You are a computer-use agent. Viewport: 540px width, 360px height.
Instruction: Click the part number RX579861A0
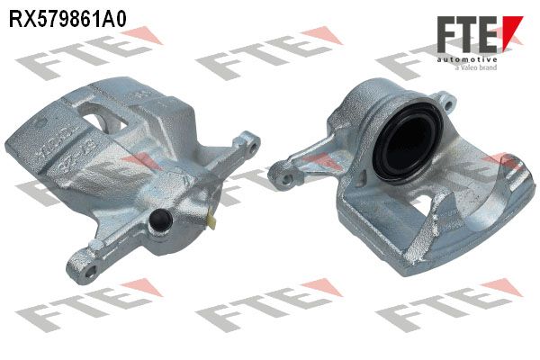[x=67, y=18]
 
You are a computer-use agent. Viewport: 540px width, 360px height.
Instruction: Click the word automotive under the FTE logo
[x=467, y=59]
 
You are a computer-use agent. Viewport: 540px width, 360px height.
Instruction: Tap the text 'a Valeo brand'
[x=476, y=67]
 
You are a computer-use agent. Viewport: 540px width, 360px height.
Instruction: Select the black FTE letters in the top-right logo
[x=467, y=34]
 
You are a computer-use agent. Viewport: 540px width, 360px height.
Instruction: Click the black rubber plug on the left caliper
[x=160, y=220]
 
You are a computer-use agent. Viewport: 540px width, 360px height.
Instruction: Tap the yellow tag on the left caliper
[x=211, y=220]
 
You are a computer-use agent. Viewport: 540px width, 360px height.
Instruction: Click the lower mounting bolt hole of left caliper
[x=90, y=271]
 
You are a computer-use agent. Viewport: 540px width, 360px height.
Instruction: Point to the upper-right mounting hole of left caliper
[x=252, y=148]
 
